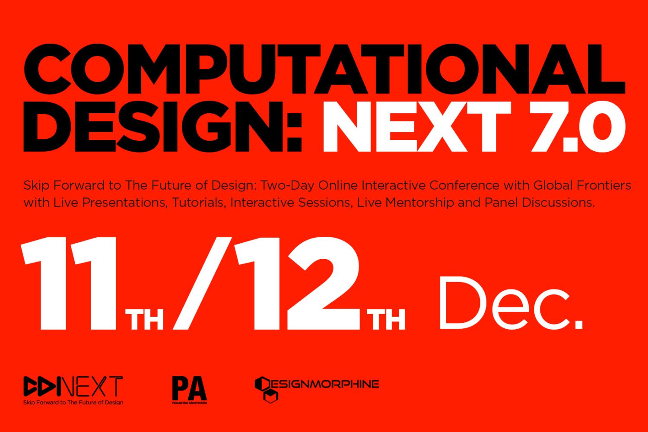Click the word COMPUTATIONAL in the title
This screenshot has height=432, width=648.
[x=324, y=70]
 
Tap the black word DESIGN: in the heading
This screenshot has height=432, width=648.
[x=162, y=127]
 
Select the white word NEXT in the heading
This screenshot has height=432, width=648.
[x=416, y=127]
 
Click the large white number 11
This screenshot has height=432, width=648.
[x=69, y=283]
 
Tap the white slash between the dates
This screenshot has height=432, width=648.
[x=203, y=283]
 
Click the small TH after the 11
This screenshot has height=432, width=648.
[x=144, y=320]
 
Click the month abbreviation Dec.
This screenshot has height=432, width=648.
[x=511, y=303]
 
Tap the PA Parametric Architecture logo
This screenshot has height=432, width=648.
[x=190, y=390]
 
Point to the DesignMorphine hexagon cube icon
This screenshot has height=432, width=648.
[x=266, y=390]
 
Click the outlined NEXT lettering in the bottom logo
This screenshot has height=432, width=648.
[x=92, y=386]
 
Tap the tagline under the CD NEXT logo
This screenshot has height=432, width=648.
[x=73, y=403]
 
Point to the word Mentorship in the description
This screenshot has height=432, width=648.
[x=420, y=203]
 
